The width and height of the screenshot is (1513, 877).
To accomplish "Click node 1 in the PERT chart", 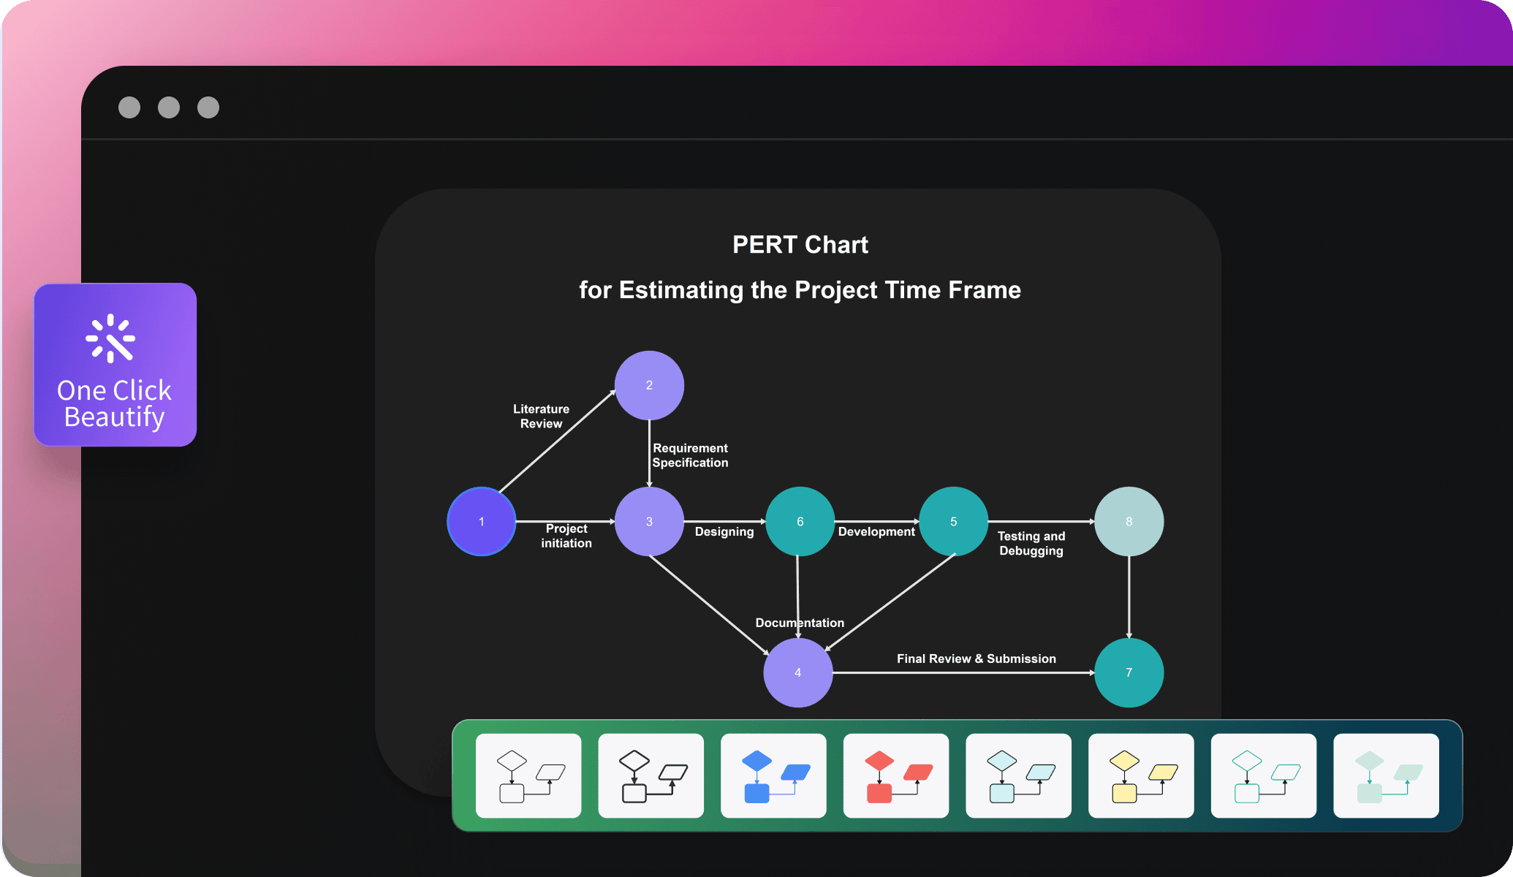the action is coord(482,522).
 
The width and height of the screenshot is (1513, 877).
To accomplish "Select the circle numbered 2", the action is coord(649,386).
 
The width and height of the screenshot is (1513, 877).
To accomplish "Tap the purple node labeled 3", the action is coord(649,522).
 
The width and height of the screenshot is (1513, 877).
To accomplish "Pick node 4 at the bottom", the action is coord(798,672).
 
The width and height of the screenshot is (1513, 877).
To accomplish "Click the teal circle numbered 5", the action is coord(953,522).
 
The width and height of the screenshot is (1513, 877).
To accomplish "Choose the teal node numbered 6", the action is coord(800,522).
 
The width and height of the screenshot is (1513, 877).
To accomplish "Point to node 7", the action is coord(1129,672).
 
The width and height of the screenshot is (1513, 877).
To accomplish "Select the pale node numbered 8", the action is coord(1129,522).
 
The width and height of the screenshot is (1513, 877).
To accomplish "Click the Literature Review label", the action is coord(541,417).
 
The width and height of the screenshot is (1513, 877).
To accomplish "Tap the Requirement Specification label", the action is coord(690,455).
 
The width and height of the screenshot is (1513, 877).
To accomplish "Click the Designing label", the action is coord(724,532).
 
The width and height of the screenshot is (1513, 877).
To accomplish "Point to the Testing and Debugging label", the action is coord(1031,544).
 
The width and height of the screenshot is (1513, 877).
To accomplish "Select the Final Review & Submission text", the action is coord(977,658).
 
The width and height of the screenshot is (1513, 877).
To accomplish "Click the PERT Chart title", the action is coord(800,245).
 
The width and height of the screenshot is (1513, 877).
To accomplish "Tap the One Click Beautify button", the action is coord(115,365).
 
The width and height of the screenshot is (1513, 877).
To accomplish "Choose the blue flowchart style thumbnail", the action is coord(773,775).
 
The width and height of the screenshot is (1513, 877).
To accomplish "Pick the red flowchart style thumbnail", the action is coord(896,775).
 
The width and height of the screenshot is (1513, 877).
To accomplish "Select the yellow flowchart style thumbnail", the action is coord(1141,775).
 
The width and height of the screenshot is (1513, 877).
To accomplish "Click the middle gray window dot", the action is coord(169,107).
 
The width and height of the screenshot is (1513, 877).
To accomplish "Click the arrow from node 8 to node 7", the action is coord(1129,597).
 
